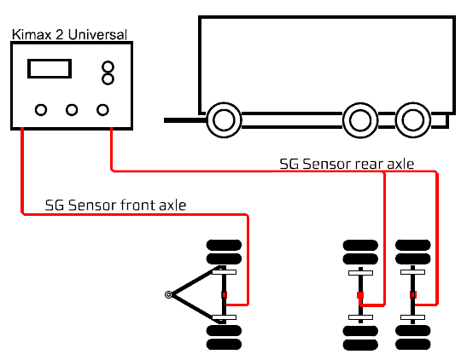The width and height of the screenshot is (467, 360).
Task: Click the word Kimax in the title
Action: point(32,34)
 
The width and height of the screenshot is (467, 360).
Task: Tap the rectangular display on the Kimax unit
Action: point(50,69)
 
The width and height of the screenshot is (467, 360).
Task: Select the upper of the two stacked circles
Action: point(108,67)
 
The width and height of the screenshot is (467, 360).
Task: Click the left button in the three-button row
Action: point(41,110)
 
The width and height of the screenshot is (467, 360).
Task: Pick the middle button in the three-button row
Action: point(72,110)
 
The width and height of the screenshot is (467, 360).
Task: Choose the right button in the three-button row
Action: point(102,110)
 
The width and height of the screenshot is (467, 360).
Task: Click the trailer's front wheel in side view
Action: point(224,120)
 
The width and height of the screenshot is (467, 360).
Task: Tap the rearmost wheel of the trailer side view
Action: point(413,120)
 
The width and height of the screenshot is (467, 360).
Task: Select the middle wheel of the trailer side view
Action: point(360,120)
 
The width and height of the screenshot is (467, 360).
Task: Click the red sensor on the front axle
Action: point(224,294)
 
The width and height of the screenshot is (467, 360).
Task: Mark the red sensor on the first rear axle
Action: point(360,295)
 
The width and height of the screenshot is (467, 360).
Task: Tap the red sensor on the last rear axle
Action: point(413,294)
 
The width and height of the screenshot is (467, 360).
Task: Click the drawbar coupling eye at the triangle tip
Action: point(168,294)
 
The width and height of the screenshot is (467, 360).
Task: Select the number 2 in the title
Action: point(59,34)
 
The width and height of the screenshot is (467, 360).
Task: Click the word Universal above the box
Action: point(97,34)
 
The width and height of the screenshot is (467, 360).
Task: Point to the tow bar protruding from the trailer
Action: point(185,120)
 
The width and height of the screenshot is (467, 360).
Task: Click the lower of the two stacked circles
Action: point(108,78)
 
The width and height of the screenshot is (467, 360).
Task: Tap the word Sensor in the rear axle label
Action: point(327,165)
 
